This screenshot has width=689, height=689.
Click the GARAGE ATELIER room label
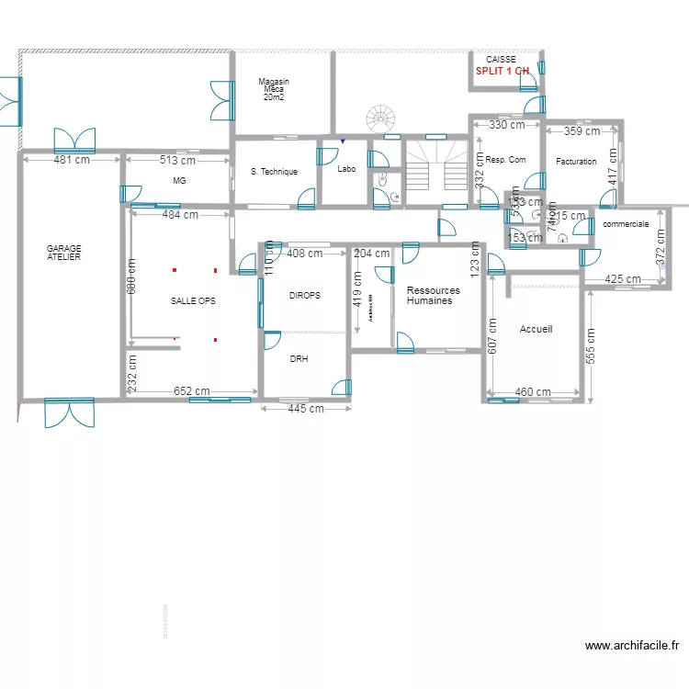[64, 253]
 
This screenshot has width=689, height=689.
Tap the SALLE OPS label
[192, 301]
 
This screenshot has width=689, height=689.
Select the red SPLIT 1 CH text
[502, 71]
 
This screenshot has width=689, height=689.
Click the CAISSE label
[501, 59]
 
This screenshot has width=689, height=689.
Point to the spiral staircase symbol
[381, 119]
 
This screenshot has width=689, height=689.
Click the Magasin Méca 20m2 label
[274, 89]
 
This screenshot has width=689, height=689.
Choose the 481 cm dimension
[72, 160]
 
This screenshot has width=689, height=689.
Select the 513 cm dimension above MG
[178, 160]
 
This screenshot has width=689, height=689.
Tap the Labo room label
[346, 169]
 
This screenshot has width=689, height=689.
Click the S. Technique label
[274, 172]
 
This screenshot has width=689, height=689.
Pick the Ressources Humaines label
[433, 296]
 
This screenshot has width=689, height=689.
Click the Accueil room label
[536, 329]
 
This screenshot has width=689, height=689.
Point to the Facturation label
[576, 162]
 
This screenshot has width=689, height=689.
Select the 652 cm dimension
[191, 391]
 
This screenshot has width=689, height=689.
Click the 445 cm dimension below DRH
[306, 409]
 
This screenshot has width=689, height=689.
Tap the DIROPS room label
[305, 296]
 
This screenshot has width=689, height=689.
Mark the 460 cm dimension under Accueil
[533, 392]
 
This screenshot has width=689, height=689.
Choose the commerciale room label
[626, 224]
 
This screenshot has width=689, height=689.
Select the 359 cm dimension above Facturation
[582, 131]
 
